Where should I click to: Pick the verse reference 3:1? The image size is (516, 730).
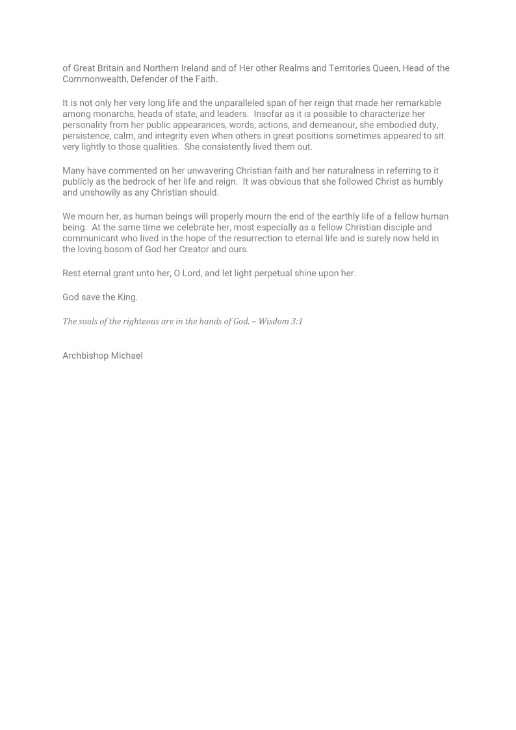296,321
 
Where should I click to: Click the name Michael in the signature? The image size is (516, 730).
127,356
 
